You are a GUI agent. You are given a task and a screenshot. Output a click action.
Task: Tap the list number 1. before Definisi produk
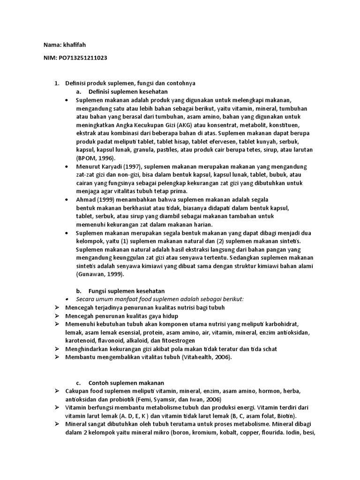56,83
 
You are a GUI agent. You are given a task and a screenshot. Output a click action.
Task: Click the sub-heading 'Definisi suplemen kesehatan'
128,91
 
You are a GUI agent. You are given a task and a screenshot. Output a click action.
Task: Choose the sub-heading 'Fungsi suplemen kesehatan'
127,291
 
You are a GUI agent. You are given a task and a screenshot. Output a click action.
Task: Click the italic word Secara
85,299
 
